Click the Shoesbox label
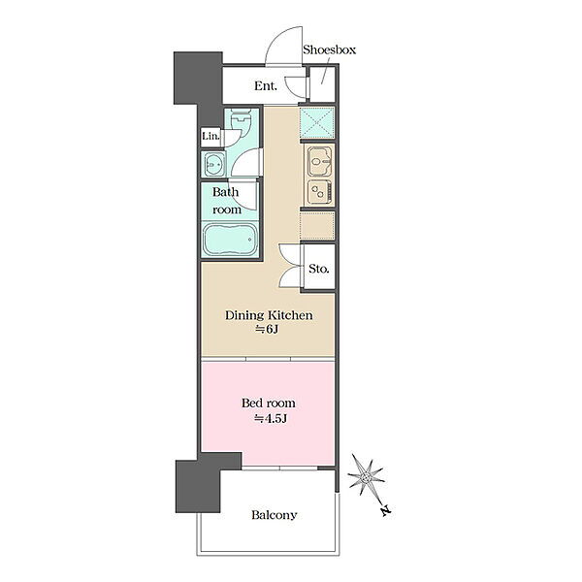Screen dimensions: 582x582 [329, 49]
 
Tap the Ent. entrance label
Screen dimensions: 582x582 [266, 86]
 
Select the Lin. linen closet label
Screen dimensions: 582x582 [210, 136]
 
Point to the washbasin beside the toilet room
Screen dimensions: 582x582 [213, 164]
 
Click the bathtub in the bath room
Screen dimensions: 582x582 [230, 239]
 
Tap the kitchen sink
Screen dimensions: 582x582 [319, 161]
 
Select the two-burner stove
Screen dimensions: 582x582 [319, 192]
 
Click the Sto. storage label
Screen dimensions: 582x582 [319, 269]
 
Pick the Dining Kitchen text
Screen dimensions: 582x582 [269, 315]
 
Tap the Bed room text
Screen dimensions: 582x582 [269, 404]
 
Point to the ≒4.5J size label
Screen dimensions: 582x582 [270, 419]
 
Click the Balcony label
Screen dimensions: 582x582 [274, 515]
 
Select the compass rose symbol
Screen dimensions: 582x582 [366, 475]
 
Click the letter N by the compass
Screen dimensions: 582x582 [386, 511]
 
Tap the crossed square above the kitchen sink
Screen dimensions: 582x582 [317, 123]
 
